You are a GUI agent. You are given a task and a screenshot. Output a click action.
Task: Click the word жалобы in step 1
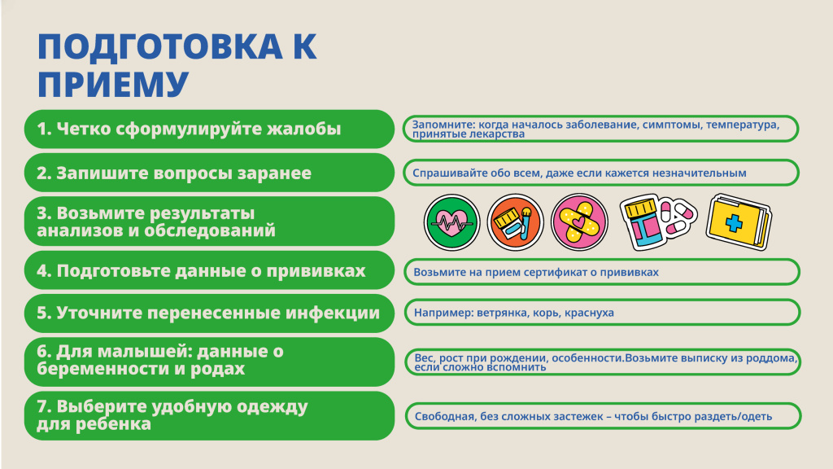(307, 129)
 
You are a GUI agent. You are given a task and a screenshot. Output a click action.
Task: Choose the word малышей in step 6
(129, 352)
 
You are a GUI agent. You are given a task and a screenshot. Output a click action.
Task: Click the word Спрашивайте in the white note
(452, 173)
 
